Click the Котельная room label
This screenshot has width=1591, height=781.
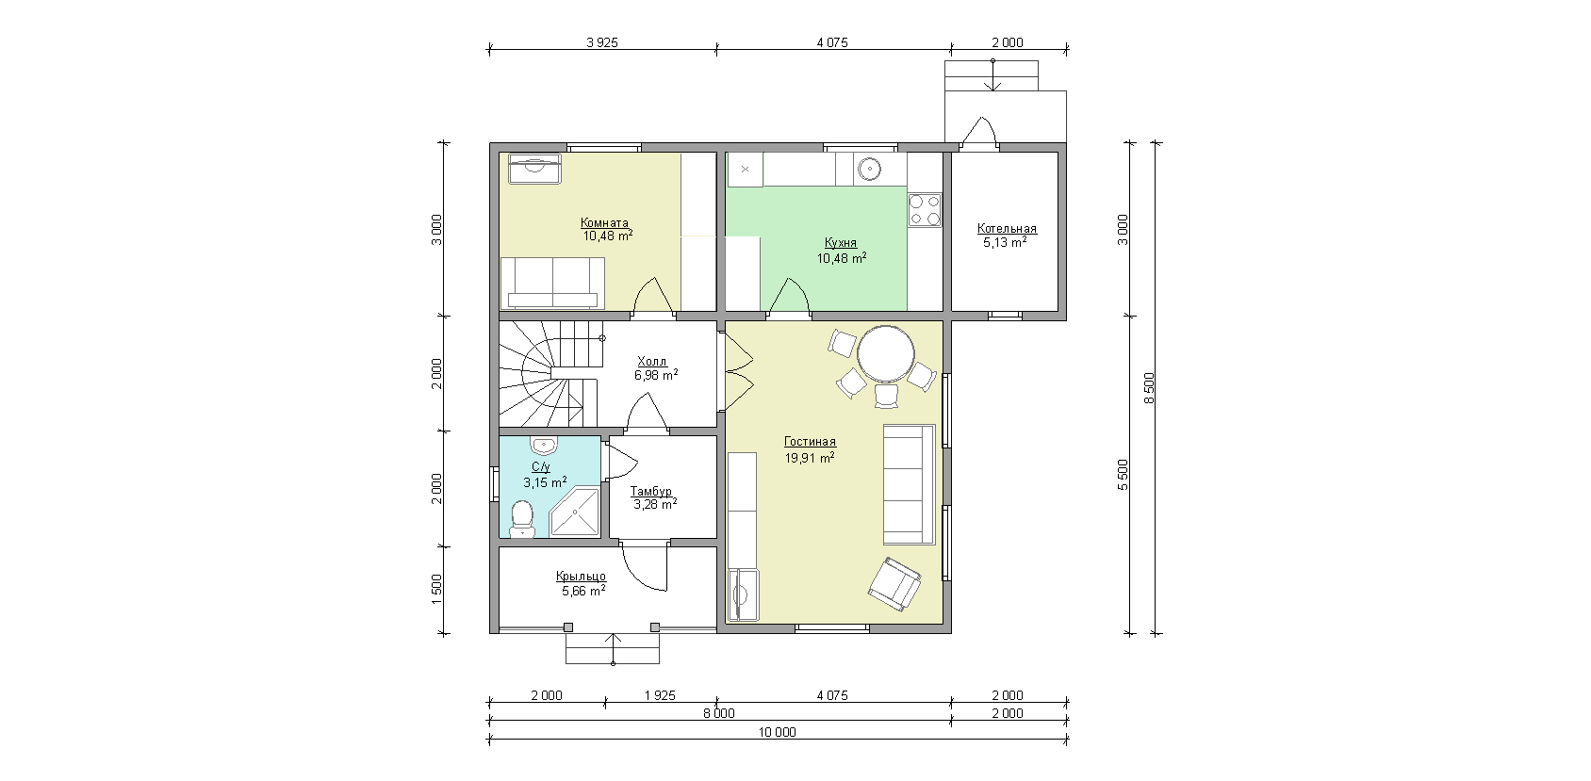[x=1007, y=229]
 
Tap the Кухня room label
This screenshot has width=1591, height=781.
[x=841, y=243]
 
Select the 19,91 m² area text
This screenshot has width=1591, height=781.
[x=810, y=458]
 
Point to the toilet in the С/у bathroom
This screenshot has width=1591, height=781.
[x=522, y=519]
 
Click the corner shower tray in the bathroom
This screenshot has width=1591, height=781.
[x=575, y=512]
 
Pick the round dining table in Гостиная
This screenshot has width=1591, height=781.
[x=886, y=354]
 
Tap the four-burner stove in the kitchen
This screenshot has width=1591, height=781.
[x=925, y=210]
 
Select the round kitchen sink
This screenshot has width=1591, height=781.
[x=869, y=169]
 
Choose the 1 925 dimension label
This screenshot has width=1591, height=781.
[x=660, y=696]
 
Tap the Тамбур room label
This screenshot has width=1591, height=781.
[x=650, y=492]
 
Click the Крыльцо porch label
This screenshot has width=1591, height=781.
[x=581, y=577]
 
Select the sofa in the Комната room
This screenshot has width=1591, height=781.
[x=552, y=284]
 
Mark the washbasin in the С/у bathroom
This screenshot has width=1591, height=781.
[x=544, y=446]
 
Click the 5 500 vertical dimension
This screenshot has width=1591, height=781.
[x=1123, y=474]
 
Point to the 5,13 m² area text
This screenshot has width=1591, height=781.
[x=1005, y=243]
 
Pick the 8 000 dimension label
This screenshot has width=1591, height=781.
[x=719, y=713]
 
